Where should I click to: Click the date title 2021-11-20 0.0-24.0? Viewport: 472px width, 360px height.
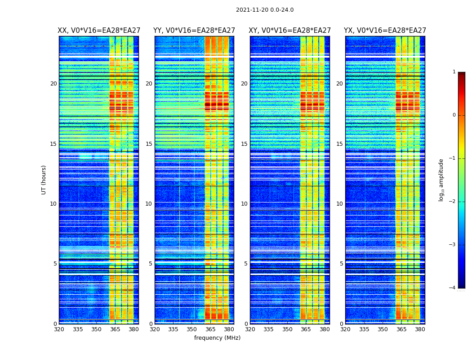coord(265,10)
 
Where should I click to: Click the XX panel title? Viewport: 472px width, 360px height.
coord(99,31)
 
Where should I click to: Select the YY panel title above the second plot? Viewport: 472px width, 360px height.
coord(194,31)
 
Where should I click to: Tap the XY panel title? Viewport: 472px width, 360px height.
coord(290,31)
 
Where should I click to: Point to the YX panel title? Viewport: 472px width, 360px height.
coord(385,31)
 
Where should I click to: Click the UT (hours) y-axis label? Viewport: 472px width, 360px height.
coord(44,180)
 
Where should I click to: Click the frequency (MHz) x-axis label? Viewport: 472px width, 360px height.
coord(217,338)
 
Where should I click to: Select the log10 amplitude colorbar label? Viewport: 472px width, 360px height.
coord(441,180)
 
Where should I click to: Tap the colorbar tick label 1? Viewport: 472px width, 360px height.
coord(454,72)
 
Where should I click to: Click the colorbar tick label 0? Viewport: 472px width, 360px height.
coord(454,115)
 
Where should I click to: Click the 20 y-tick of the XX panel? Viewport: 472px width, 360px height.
coord(53,84)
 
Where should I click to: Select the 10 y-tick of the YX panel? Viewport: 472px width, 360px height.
coord(339,204)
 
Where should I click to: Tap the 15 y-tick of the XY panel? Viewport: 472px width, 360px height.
coord(244,144)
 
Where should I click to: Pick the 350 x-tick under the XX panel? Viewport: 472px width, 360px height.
coord(96,329)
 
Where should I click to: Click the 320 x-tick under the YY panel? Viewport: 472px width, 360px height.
coord(155,329)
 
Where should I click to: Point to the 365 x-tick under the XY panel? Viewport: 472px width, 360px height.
coord(306,329)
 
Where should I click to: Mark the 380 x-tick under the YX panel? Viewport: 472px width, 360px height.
coord(420,329)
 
